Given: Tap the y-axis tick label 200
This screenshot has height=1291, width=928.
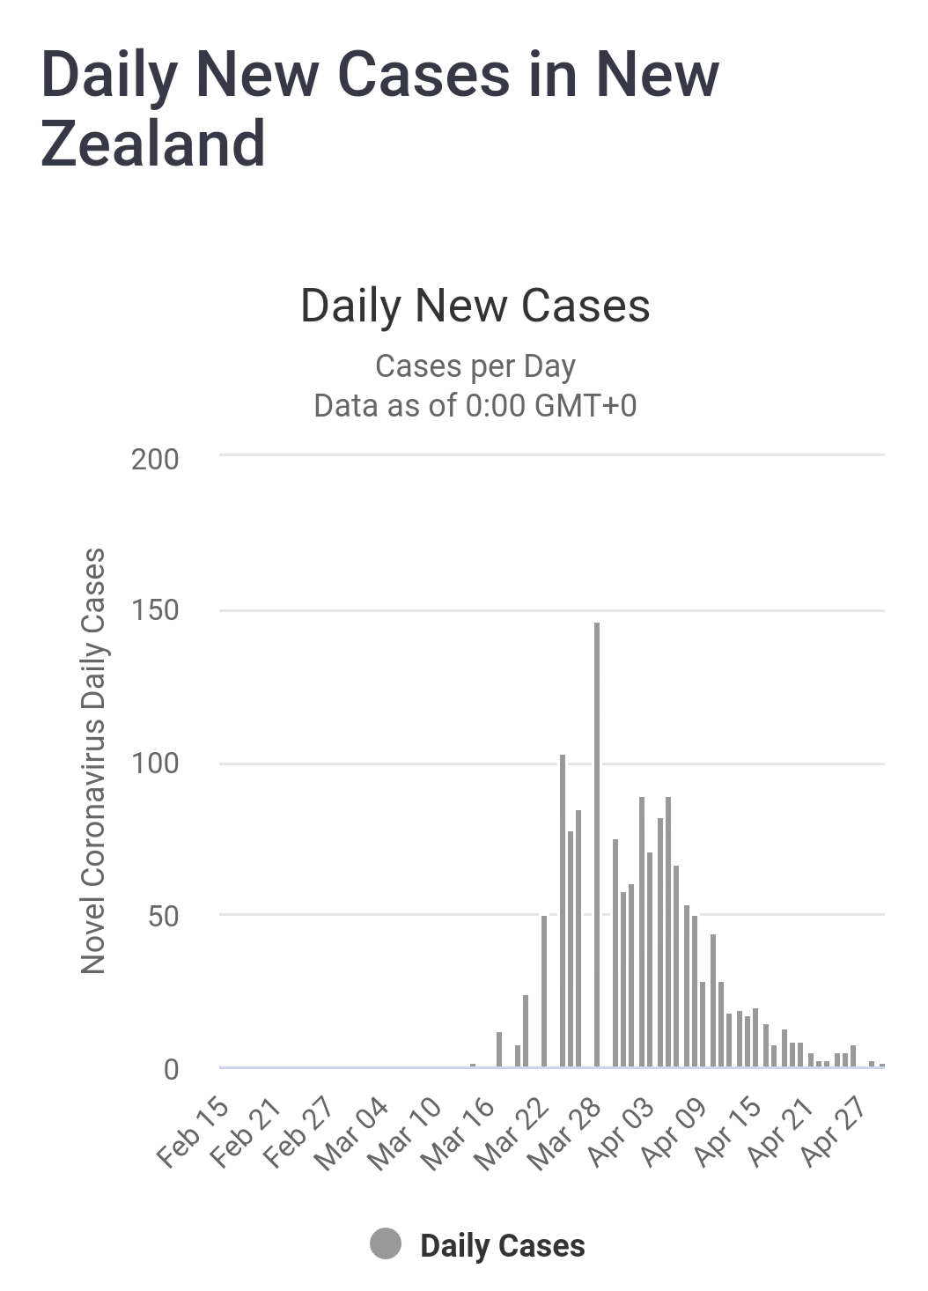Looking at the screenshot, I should point(155,459).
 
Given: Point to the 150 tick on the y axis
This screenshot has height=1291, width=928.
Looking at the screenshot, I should point(155,610).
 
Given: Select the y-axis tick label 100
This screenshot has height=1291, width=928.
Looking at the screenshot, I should point(155,764).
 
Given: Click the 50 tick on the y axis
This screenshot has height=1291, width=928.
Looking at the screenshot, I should point(163,917).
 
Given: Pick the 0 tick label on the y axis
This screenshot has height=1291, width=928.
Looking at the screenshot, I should point(171,1069).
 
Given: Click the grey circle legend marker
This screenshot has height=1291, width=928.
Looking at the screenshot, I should point(386,1244).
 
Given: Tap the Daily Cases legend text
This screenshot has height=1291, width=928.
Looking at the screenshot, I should point(503,1246).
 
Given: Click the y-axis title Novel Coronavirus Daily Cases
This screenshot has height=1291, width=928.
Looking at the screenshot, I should point(93,761).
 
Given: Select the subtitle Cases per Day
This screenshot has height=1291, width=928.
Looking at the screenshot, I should point(475,365).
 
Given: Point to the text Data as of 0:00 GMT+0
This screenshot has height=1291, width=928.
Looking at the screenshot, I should point(475,406).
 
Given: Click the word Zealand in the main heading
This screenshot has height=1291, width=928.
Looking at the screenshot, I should point(153,144).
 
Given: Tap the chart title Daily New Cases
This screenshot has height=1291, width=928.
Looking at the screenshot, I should point(475,306).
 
